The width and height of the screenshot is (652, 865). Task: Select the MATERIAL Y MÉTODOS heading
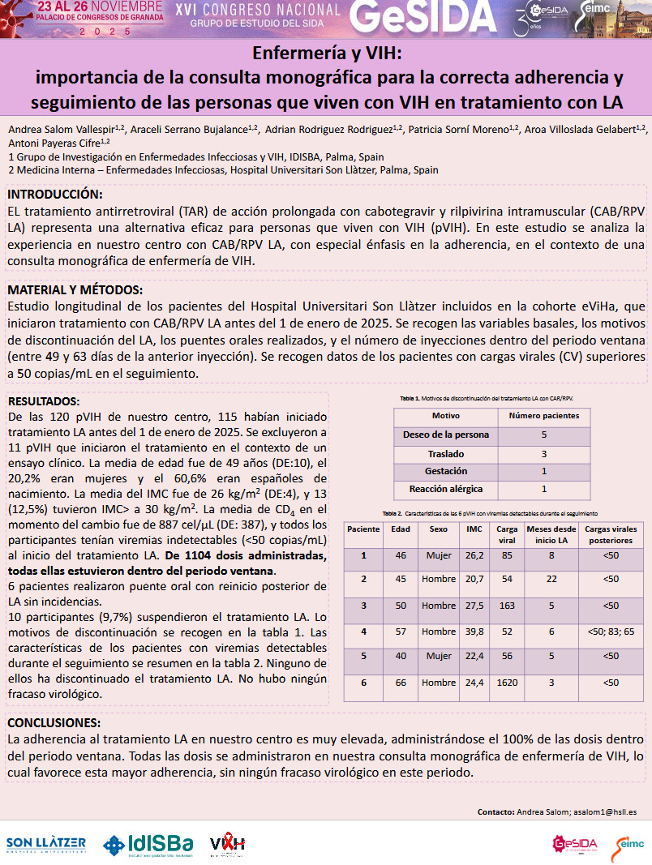[x=75, y=290]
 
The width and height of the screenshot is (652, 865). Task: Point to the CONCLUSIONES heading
[x=54, y=723]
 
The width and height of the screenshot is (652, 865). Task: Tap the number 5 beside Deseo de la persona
[x=544, y=435]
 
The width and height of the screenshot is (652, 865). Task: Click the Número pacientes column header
[x=544, y=416]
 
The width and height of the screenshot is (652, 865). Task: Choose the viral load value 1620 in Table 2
[x=508, y=683]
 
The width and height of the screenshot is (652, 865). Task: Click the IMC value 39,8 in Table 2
[x=474, y=632]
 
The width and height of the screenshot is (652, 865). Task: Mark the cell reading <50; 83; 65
[x=611, y=632]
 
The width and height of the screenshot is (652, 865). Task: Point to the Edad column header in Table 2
[x=401, y=529]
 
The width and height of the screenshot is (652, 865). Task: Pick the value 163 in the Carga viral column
[x=508, y=606]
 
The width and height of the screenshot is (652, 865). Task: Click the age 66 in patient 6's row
[x=401, y=683]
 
